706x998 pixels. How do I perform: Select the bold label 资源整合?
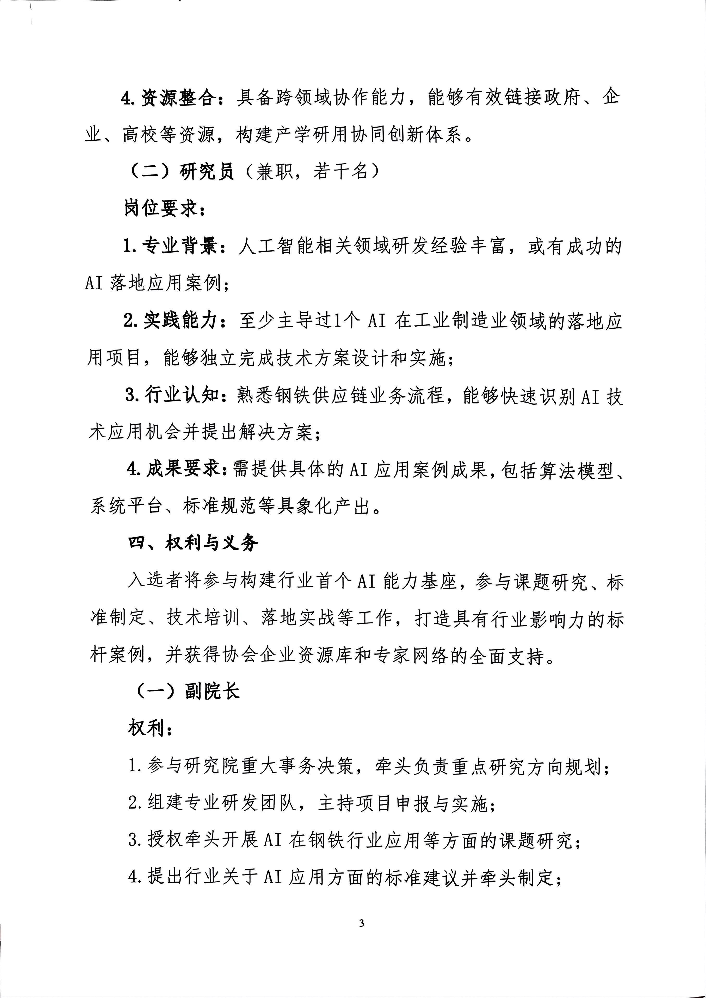point(178,98)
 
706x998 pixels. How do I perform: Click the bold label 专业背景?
point(181,246)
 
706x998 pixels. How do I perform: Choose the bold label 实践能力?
point(181,321)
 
